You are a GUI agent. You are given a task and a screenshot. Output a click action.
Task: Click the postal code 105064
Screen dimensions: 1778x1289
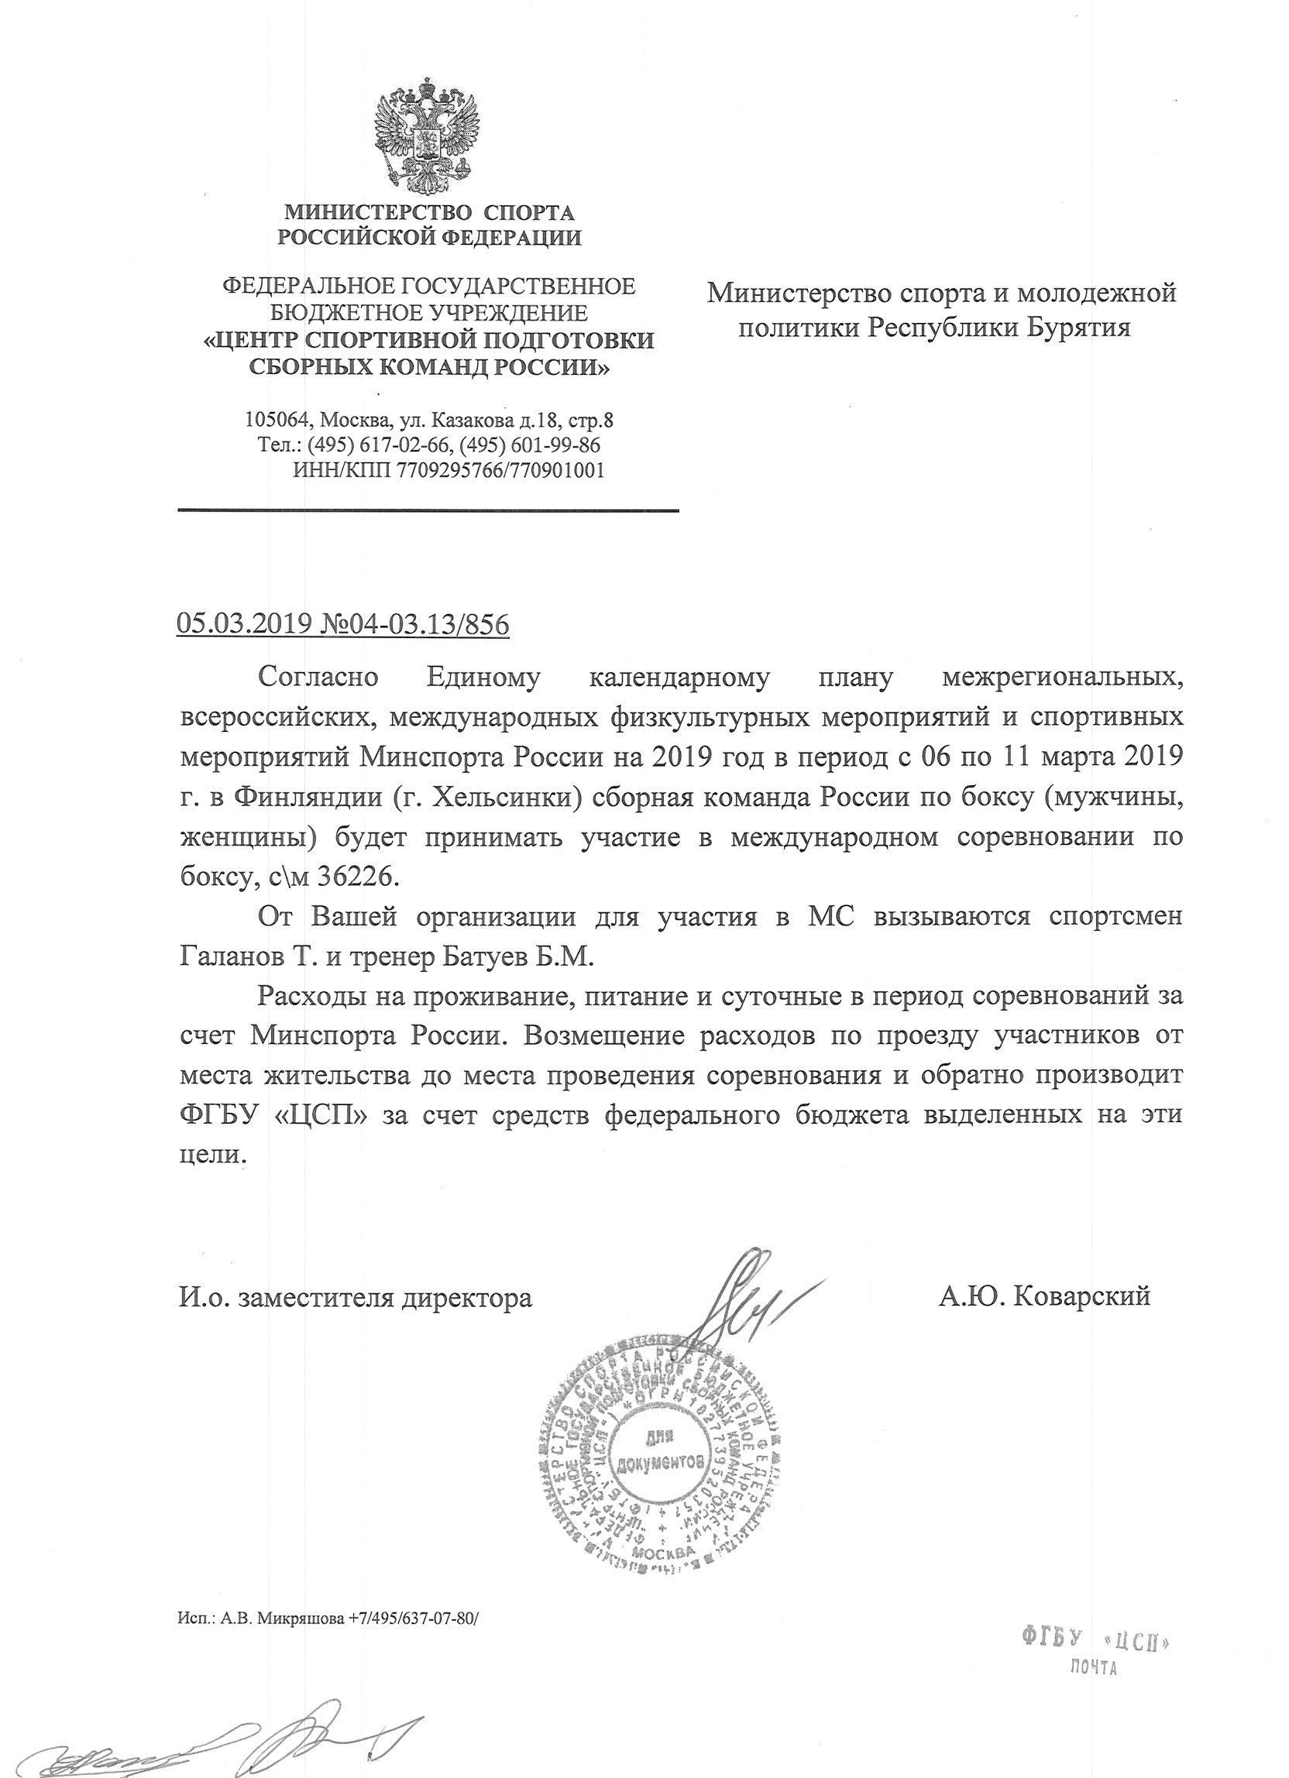coord(277,420)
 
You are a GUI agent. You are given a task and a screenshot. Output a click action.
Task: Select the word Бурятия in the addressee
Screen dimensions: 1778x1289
coord(1078,327)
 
